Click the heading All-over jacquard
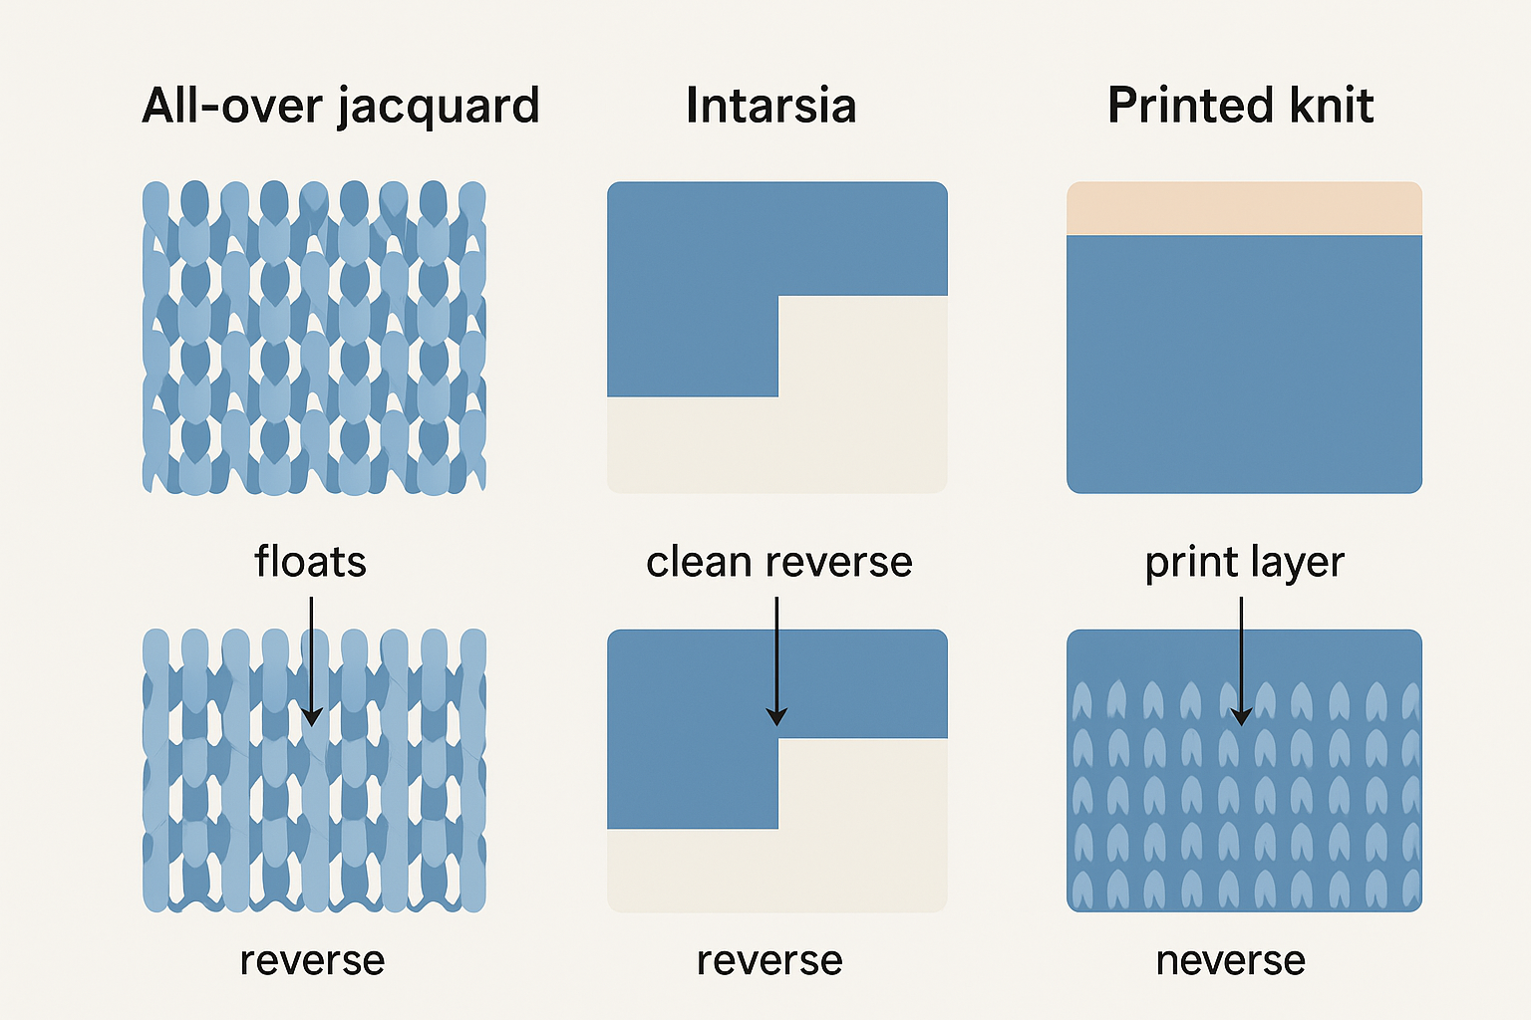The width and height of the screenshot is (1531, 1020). coord(340,106)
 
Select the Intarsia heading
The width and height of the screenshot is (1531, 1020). coord(770,106)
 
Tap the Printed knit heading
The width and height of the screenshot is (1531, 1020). coord(1240,106)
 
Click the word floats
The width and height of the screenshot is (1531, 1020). coord(310,562)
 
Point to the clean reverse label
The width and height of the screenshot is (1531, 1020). coord(778,562)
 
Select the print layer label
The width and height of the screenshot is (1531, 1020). coord(1244,563)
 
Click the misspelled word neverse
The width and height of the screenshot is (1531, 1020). coord(1230,961)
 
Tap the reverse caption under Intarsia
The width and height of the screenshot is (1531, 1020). coord(769,961)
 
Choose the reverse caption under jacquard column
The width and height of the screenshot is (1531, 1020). coord(312,961)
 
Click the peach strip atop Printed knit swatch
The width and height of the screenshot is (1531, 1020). coord(1244,208)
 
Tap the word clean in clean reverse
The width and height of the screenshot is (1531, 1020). coord(698,562)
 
